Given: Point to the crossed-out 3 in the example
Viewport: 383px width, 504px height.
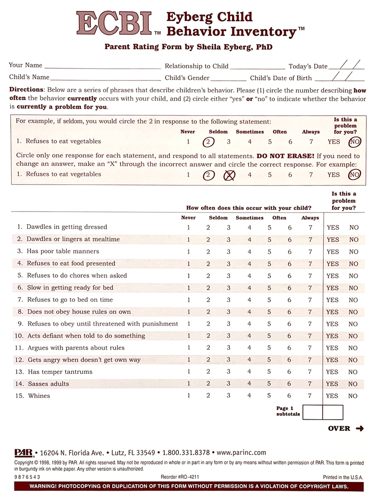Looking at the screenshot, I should pos(229,175).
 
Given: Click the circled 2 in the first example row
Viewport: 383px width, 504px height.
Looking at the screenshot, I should pos(208,142).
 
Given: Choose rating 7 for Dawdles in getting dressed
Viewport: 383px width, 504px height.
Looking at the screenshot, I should pos(310,228).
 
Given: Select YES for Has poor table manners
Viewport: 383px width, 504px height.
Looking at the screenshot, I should pos(332,252).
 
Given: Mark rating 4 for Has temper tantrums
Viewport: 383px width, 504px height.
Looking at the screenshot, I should pos(249,372).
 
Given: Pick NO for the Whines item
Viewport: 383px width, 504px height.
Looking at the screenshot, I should pos(353,396).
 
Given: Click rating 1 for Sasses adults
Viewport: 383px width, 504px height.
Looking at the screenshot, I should pos(189,384).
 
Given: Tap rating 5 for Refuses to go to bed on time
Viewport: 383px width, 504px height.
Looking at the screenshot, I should pos(269,300).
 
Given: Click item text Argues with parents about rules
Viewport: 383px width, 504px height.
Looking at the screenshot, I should pos(76,348).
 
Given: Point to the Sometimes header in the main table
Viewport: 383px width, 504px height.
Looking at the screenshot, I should pos(249,218).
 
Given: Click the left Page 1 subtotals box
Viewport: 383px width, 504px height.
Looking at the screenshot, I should pos(313,412).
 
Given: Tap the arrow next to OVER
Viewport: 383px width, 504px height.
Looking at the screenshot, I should pos(360,429).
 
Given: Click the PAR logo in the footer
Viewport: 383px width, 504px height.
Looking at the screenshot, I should pos(24,453).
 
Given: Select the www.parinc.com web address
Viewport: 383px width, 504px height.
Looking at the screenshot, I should pos(241,453).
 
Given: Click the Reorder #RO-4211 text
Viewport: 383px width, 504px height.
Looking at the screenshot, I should pos(179,477).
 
